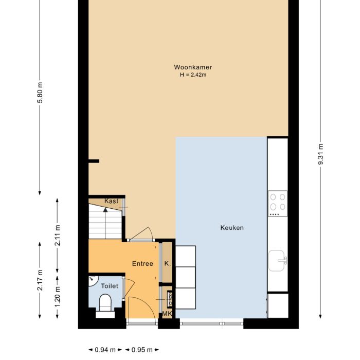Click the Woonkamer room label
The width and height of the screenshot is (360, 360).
[193, 67]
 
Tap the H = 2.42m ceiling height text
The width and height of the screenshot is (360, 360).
[193, 75]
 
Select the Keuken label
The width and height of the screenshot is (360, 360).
[232, 228]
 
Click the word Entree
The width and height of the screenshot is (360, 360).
[142, 264]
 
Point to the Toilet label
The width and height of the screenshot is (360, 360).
[110, 286]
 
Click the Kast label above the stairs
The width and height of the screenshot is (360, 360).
[111, 201]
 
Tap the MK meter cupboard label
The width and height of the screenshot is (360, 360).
[167, 314]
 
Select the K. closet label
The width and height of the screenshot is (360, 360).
[167, 264]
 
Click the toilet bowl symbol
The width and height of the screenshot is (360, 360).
[105, 302]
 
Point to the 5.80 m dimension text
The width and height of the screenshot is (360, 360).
[40, 93]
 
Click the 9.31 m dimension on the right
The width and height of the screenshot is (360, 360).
[320, 153]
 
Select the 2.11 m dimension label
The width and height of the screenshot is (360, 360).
[58, 235]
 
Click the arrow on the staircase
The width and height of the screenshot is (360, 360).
[105, 210]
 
